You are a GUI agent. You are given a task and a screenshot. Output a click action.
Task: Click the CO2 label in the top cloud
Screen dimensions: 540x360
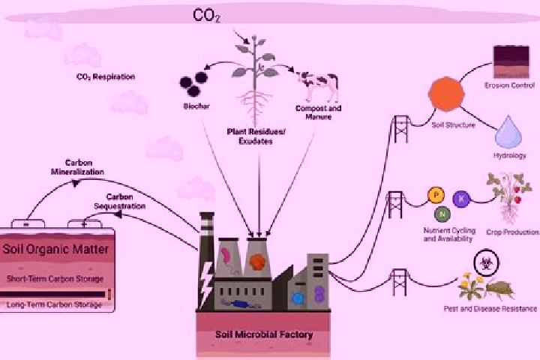pyautogui.click(x=206, y=16)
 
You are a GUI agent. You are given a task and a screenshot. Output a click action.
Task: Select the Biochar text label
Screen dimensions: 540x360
pyautogui.click(x=196, y=106)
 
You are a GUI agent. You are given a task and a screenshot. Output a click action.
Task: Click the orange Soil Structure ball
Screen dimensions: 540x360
pyautogui.click(x=446, y=94)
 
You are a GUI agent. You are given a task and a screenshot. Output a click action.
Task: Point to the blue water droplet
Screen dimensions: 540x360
pyautogui.click(x=508, y=133)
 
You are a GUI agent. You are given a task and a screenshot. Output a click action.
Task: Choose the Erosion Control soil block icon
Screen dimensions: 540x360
pyautogui.click(x=511, y=62)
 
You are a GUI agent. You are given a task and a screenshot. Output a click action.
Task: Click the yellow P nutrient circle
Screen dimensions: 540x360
pyautogui.click(x=436, y=195)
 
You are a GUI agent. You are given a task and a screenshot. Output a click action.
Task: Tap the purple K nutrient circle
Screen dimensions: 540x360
pyautogui.click(x=461, y=199)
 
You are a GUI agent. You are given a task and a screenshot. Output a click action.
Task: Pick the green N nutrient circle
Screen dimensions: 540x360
pyautogui.click(x=442, y=214)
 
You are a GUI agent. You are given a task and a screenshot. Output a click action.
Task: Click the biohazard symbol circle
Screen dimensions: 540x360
pyautogui.click(x=485, y=263)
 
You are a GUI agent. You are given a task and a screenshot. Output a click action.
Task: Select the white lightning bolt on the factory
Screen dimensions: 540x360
pyautogui.click(x=207, y=284)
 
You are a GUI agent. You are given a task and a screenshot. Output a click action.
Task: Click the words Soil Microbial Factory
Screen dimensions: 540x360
pyautogui.click(x=264, y=334)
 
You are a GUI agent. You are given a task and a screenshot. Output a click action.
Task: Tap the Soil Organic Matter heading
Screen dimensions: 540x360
pyautogui.click(x=55, y=249)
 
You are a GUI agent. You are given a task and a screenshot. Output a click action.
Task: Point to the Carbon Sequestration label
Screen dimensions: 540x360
pyautogui.click(x=119, y=202)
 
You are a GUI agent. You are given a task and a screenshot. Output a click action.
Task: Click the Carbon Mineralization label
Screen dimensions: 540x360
pyautogui.click(x=77, y=167)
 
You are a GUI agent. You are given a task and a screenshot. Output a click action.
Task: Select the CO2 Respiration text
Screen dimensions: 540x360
pyautogui.click(x=106, y=76)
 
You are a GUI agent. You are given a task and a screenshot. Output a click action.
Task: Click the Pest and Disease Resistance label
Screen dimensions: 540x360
pyautogui.click(x=490, y=309)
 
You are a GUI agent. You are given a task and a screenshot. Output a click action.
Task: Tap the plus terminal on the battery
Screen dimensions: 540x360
pyautogui.click(x=84, y=224)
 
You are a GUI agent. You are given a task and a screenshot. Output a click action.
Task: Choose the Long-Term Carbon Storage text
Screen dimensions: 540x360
pyautogui.click(x=54, y=304)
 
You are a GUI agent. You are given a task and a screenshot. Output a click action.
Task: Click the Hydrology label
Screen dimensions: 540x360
pyautogui.click(x=510, y=156)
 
